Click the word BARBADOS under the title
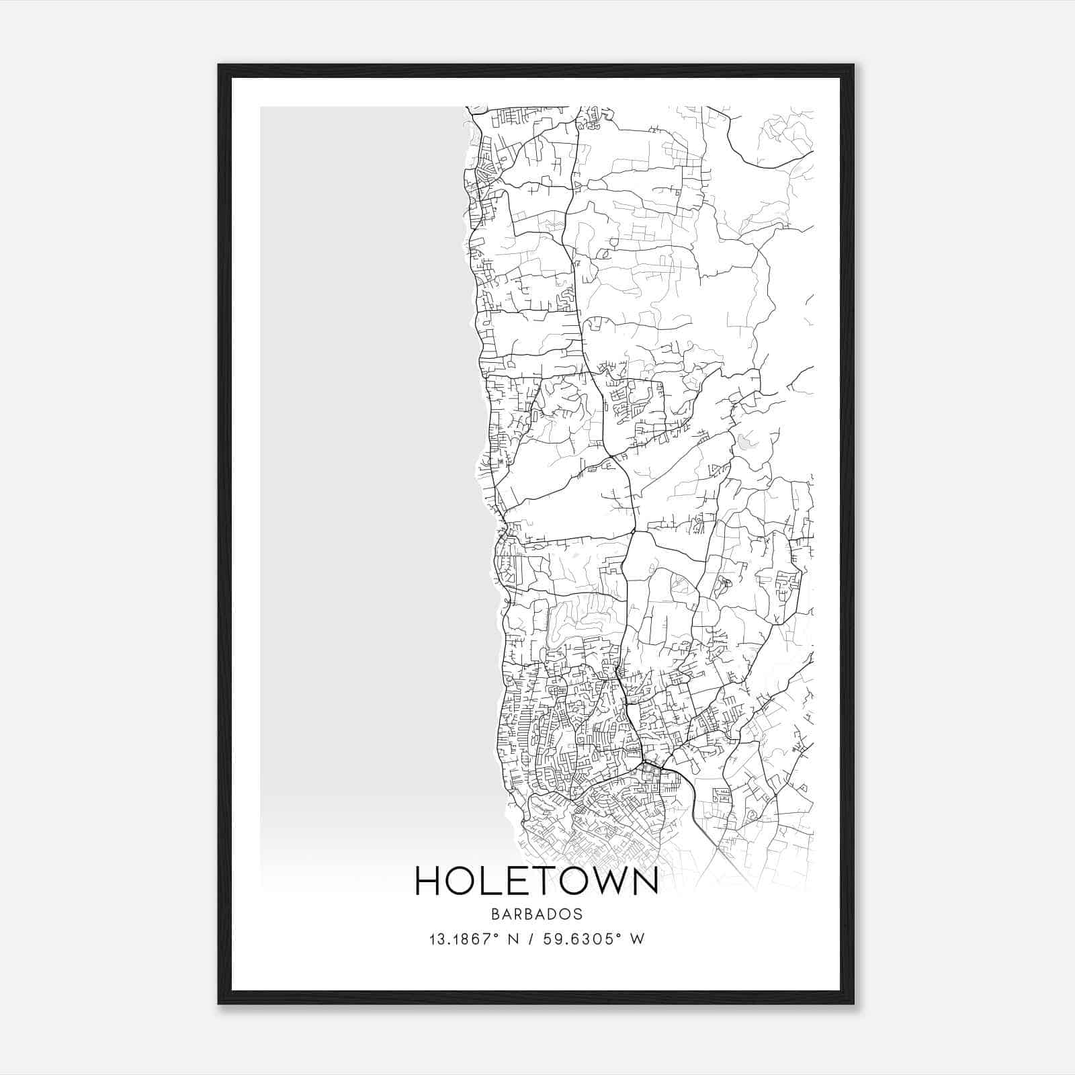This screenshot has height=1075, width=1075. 537,914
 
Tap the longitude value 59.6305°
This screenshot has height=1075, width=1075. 589,939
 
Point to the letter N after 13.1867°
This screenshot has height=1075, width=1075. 516,939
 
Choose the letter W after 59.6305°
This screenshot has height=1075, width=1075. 637,939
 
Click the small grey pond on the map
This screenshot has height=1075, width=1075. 744,443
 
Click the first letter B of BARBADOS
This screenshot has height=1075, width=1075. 494,914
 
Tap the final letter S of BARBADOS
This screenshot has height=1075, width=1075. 578,914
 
